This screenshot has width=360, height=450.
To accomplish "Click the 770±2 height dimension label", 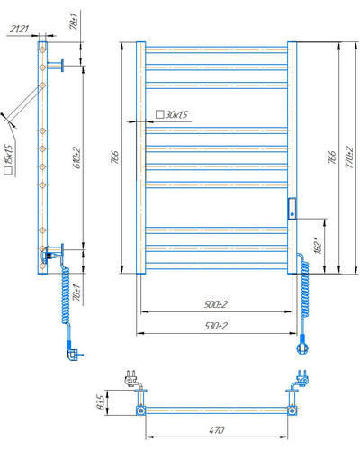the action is point(349,157).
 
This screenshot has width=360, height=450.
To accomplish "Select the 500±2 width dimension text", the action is point(216,304).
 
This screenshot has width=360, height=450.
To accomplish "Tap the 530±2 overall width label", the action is point(216,326).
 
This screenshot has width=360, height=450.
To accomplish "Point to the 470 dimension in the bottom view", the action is point(217,430).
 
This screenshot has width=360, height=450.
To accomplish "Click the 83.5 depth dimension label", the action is point(102,402).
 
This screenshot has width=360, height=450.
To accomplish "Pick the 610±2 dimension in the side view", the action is point(77,157).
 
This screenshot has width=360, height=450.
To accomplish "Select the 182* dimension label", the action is point(319,246).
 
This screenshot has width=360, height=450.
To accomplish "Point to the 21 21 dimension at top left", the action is point(19,29).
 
